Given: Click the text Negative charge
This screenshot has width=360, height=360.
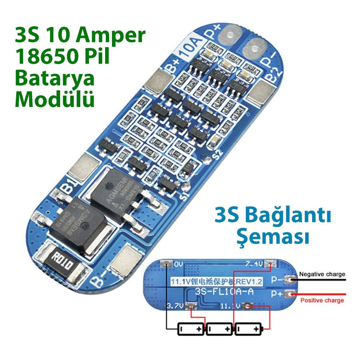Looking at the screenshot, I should click(322, 274).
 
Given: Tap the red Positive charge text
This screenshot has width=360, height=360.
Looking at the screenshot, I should click(322, 300).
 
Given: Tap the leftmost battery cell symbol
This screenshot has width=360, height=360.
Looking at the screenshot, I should click(191, 329).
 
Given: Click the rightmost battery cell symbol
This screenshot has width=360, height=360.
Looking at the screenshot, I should click(249, 329).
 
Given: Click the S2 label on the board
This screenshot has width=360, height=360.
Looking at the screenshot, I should click(217, 155).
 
